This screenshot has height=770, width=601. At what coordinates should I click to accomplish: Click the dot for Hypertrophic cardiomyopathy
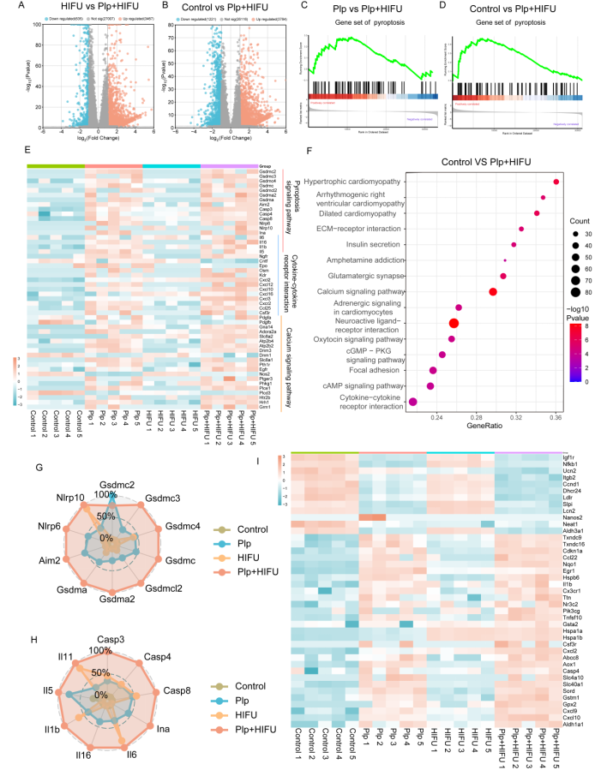point(556,182)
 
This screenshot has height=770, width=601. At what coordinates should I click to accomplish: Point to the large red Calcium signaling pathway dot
point(492,291)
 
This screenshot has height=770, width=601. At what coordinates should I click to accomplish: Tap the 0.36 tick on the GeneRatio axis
point(556,417)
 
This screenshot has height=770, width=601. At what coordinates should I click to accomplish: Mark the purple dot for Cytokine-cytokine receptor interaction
point(413,402)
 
